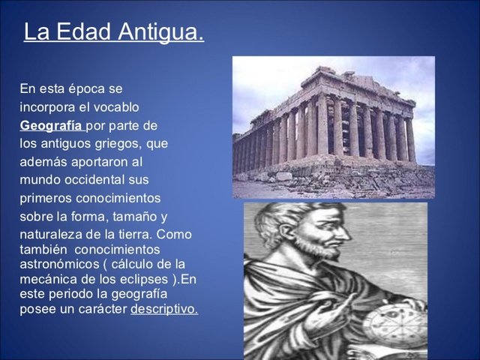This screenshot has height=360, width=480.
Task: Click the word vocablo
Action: click(x=115, y=107)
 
